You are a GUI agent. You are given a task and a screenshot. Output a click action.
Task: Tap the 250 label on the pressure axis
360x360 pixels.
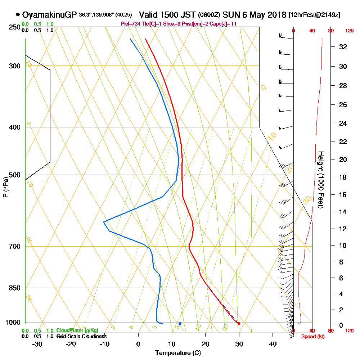(x=14, y=27)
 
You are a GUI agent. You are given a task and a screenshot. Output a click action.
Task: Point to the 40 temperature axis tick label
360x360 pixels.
(x=273, y=344)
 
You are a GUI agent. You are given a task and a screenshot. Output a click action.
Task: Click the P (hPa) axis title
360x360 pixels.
(x=5, y=187)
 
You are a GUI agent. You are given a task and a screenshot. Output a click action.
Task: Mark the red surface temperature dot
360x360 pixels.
(x=238, y=323)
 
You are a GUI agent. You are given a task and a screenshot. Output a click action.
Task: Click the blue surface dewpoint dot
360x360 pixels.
(x=180, y=323)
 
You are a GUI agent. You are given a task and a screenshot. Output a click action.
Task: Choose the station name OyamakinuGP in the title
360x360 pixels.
(x=49, y=15)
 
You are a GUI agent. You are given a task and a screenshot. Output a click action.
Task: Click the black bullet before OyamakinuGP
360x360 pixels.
(x=18, y=15)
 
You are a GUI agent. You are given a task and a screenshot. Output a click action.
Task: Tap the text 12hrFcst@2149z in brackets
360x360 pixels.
(x=315, y=15)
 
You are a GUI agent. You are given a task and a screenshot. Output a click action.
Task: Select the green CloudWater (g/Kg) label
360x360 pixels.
(x=77, y=330)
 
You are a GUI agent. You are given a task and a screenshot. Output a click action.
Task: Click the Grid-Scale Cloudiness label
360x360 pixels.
(x=81, y=336)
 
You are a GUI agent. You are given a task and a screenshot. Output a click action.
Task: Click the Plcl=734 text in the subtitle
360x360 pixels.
(x=130, y=24)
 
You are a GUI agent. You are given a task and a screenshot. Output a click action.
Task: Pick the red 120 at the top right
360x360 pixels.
(x=349, y=31)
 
